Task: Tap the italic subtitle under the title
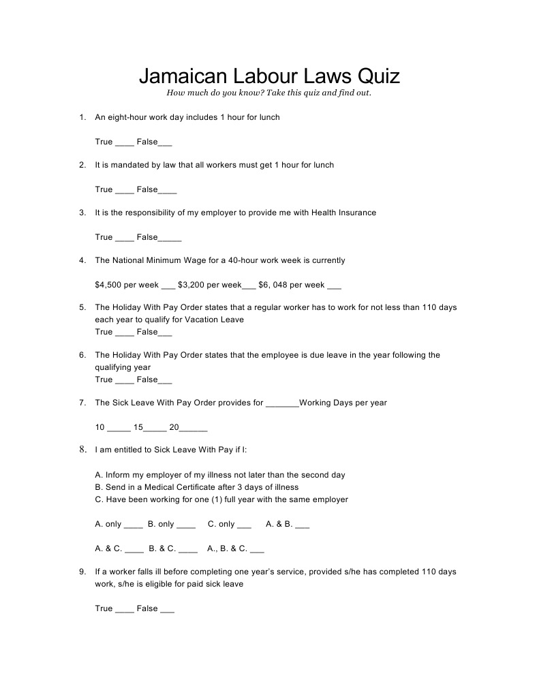(269, 93)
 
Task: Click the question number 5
(82, 307)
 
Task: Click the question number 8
(82, 450)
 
